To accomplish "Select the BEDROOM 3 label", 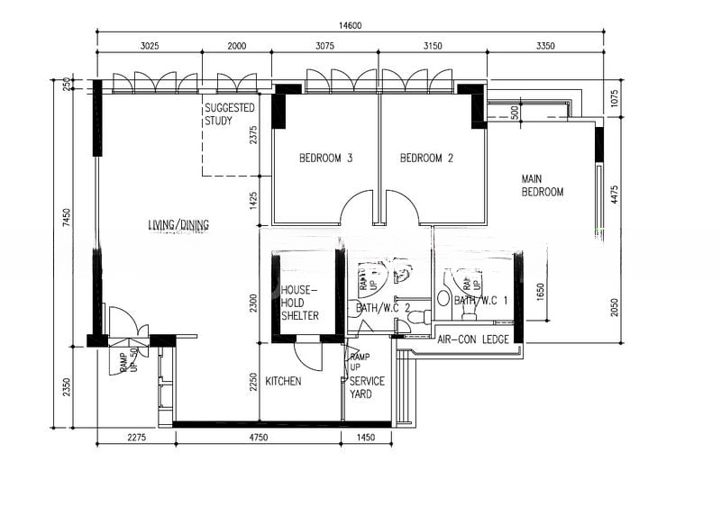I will click(325, 158).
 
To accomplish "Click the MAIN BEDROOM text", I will click(543, 186).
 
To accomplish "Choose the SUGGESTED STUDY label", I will click(230, 113).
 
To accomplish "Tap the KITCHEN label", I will click(283, 382).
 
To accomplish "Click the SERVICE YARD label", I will click(367, 387).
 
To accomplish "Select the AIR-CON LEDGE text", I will click(473, 340).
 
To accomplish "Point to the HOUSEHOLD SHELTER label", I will click(299, 303).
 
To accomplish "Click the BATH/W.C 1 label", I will click(479, 301).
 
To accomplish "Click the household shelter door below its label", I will click(309, 354).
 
